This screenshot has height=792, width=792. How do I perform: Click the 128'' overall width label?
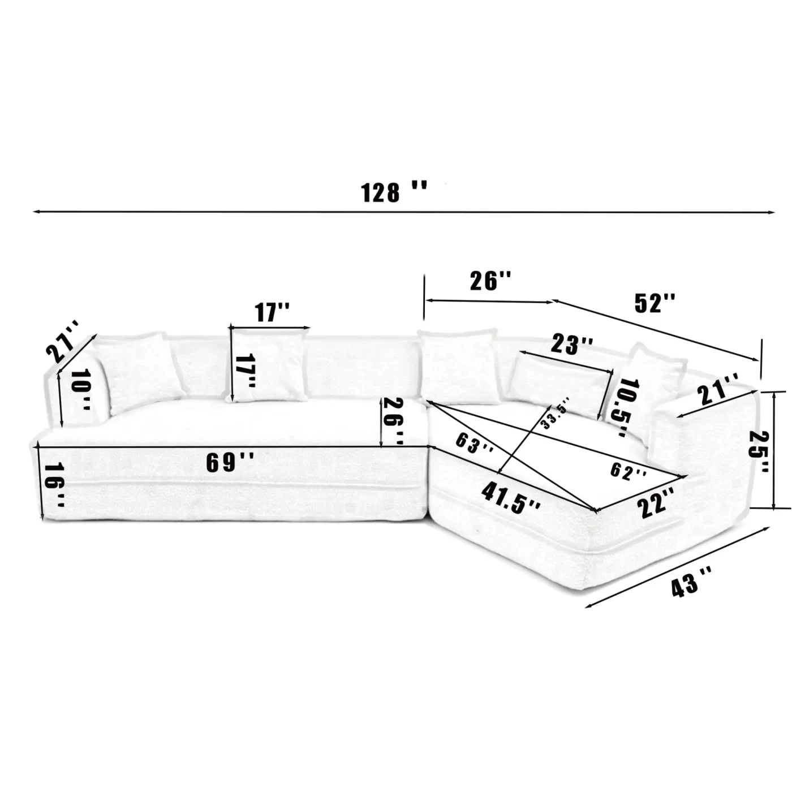tap(393, 192)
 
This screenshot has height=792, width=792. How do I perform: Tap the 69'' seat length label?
tap(229, 463)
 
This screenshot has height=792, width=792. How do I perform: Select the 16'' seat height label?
tap(55, 484)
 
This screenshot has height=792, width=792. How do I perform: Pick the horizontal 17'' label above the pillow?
tap(272, 312)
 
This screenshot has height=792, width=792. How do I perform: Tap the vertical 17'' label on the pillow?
tap(246, 372)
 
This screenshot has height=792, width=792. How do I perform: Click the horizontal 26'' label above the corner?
tap(490, 281)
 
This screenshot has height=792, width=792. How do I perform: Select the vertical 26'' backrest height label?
tap(394, 421)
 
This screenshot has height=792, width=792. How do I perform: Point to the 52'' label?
tap(655, 303)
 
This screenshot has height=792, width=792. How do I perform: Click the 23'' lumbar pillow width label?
tap(573, 344)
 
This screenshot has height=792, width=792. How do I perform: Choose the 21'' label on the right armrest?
tap(718, 389)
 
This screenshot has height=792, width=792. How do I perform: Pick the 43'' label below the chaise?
tap(692, 581)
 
